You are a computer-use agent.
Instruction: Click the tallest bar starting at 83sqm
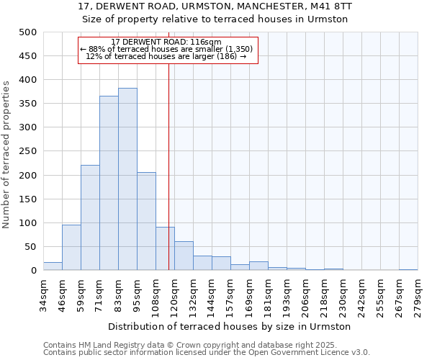click(127, 179)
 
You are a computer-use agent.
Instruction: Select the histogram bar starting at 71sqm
click(109, 183)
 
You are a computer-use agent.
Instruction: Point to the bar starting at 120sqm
click(184, 256)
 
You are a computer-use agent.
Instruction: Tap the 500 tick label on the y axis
click(27, 32)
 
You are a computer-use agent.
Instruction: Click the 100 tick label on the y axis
click(27, 223)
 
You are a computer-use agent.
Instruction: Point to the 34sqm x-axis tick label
click(43, 292)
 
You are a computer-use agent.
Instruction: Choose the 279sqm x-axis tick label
click(418, 292)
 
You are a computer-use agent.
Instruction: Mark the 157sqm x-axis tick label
click(230, 292)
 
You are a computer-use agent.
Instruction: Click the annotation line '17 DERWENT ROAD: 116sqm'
click(166, 42)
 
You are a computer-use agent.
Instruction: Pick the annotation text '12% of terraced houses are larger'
click(166, 56)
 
